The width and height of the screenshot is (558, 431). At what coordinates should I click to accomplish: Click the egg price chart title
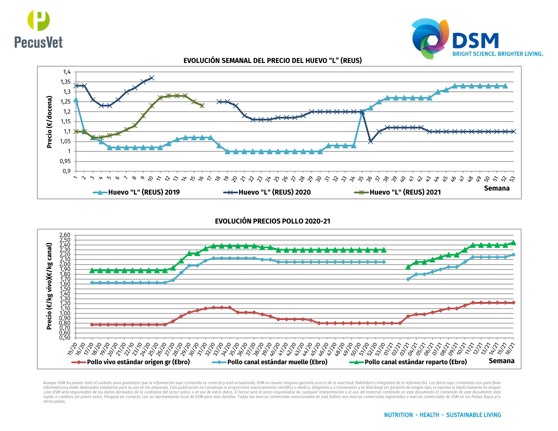point(272,60)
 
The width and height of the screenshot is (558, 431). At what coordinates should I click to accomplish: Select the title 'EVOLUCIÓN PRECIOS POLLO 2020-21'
point(272,221)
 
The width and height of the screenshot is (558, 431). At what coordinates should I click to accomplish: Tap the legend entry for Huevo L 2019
point(136,192)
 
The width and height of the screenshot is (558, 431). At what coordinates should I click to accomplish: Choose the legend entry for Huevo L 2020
point(267,192)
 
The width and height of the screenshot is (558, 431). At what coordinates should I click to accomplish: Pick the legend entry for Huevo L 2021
point(398,192)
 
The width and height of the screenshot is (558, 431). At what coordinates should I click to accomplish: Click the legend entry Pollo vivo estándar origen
point(131,362)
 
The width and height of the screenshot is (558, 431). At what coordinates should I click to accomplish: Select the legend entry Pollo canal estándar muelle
point(270,362)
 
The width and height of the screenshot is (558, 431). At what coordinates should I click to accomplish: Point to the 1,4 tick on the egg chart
point(67,72)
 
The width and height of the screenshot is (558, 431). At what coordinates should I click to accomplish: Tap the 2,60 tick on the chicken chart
point(65,235)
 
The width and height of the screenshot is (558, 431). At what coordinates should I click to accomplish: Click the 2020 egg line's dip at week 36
point(371,142)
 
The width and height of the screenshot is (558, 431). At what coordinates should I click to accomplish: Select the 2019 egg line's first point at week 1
point(76,100)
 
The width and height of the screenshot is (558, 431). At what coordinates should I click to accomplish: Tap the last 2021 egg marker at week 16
point(202,106)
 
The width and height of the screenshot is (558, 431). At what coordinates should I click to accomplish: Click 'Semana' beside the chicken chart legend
point(501,361)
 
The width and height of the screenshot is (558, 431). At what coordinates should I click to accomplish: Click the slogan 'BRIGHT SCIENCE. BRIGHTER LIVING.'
point(498,54)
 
